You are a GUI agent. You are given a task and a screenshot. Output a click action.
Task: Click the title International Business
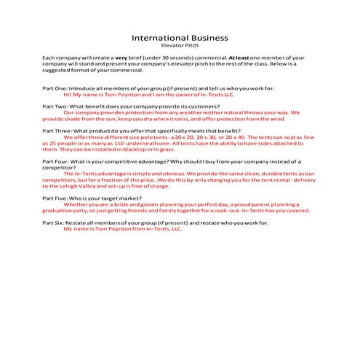180,37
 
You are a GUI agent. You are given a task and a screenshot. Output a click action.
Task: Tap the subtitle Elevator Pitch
180,45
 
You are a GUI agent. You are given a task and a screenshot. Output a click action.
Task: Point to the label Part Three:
57,130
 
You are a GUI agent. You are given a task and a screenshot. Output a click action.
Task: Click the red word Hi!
68,94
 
